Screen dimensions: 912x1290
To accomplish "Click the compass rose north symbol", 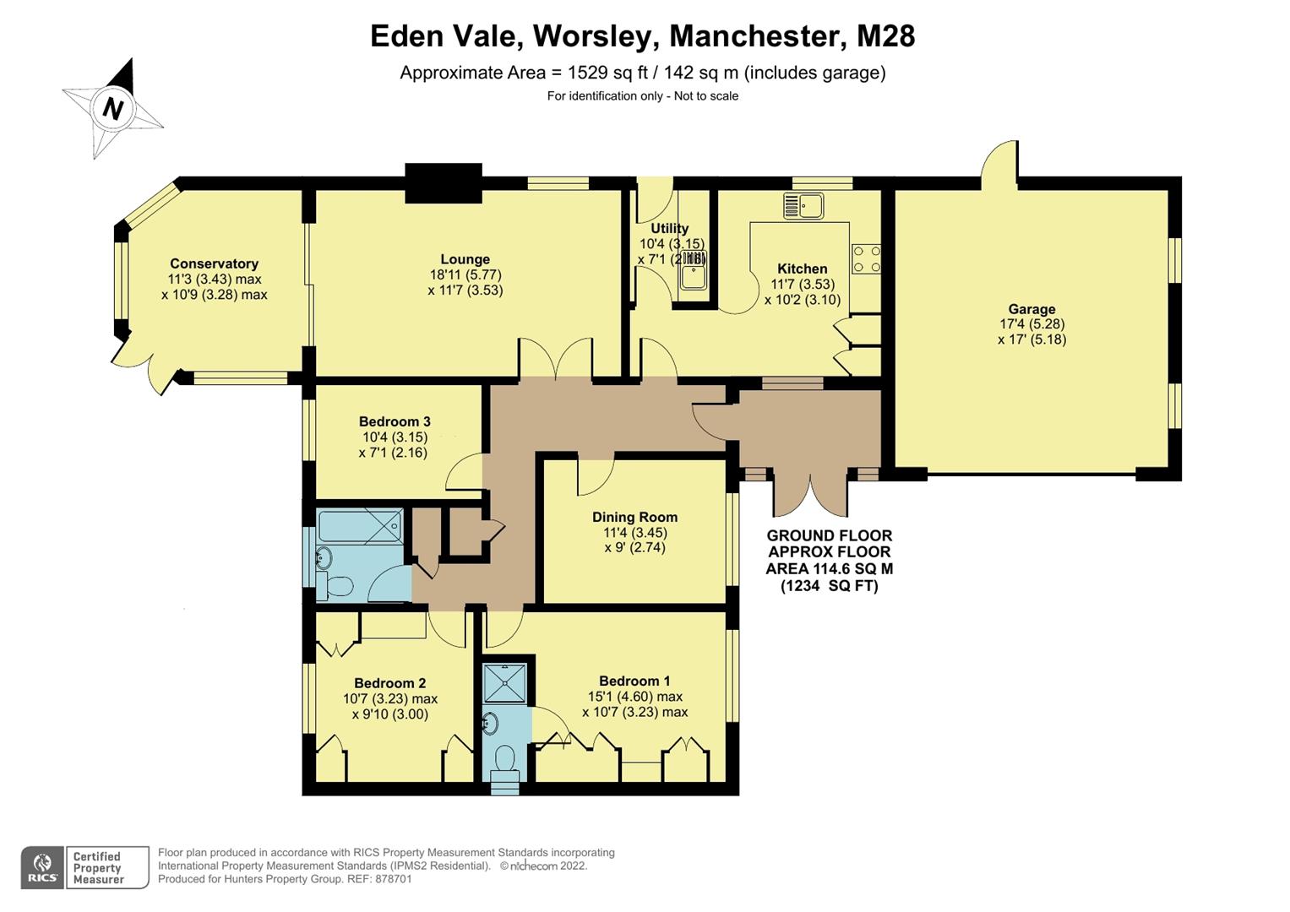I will (112, 108).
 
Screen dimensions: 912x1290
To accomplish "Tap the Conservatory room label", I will (214, 263).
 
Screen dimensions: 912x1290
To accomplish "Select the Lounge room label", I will (465, 259).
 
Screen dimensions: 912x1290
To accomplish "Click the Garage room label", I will (1031, 309).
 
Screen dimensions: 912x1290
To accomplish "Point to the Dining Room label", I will (634, 517).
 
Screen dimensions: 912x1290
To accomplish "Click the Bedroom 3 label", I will (395, 421).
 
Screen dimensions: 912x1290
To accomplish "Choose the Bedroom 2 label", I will (389, 683).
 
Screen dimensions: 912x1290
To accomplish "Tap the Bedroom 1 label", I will (634, 681).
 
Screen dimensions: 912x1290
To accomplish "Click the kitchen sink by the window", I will (803, 205).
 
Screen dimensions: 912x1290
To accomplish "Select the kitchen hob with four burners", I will (867, 258).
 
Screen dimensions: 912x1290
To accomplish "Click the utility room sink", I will (694, 275).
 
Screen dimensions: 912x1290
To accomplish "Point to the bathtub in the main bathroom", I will (359, 525).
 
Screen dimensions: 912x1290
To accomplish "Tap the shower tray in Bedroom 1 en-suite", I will (505, 682).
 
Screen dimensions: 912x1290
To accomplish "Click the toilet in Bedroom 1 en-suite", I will (505, 757).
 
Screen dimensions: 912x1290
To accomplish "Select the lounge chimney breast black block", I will (444, 183).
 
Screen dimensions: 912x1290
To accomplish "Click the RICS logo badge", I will (42, 867).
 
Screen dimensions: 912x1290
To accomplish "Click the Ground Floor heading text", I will (829, 535).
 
